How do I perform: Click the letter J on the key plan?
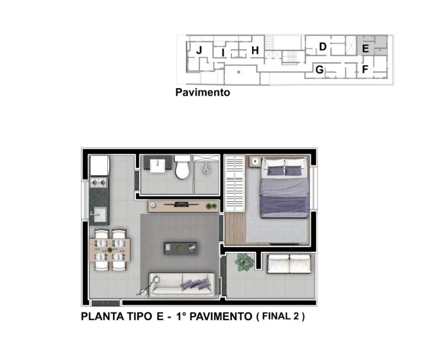coord(199,51)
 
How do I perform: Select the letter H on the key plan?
coord(255,51)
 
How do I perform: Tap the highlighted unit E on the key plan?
coord(365,48)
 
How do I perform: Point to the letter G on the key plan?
coord(319,70)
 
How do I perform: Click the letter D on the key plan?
coord(322,47)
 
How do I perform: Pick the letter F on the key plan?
coord(365,70)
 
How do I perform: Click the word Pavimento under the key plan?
coord(202,93)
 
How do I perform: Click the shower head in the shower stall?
coord(205,169)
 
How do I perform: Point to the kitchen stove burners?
coord(99,182)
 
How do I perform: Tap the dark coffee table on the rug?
coord(181,249)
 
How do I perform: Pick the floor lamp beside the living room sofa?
coord(149,286)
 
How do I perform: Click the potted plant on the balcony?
coord(244,262)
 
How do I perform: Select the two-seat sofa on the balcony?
coord(289,263)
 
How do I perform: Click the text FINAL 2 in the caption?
coord(280,317)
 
